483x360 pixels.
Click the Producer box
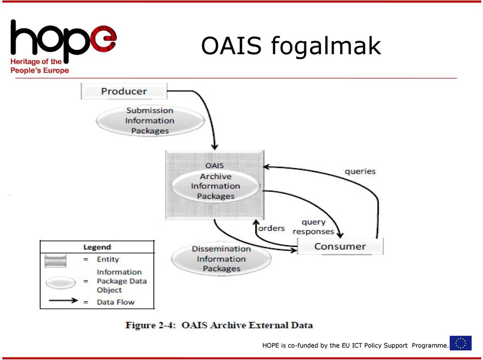point(124,91)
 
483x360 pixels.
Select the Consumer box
point(340,246)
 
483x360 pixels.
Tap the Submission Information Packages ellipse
point(150,121)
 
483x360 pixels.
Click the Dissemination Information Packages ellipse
point(221,258)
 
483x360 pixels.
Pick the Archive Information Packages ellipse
point(216,186)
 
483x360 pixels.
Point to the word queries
point(360,171)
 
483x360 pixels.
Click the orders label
point(271,228)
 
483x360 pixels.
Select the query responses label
point(313,227)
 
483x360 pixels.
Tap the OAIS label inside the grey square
point(214,165)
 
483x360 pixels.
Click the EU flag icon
point(460,343)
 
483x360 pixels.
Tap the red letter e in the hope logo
point(104,39)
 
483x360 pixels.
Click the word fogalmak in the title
point(326,46)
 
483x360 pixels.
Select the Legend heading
point(97,247)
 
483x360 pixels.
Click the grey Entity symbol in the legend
point(55,261)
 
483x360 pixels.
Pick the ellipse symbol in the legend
point(60,283)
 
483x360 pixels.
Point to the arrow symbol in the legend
point(63,300)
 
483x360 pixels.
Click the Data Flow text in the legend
point(116,302)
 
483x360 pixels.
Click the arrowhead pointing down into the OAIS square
point(215,147)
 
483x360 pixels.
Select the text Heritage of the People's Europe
point(39,66)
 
